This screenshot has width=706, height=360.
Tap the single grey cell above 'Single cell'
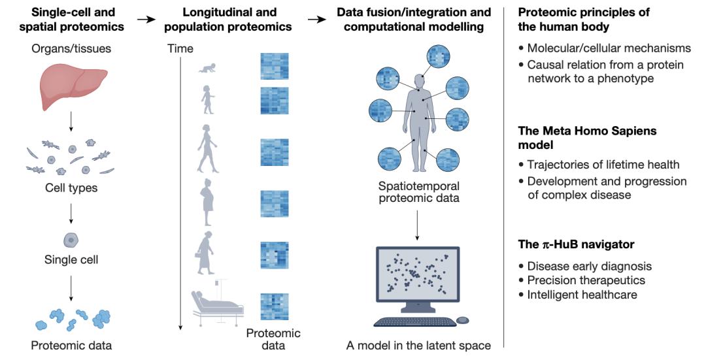click(x=71, y=240)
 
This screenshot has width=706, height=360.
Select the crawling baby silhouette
click(x=208, y=67)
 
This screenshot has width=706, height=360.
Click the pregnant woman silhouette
click(x=208, y=202)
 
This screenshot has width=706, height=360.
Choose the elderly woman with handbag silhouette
click(x=205, y=252)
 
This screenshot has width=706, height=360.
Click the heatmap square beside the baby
click(x=274, y=66)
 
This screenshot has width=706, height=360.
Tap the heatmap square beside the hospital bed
click(x=274, y=306)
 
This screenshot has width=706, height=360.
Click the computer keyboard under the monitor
click(x=414, y=321)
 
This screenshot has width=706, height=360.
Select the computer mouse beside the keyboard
click(x=462, y=320)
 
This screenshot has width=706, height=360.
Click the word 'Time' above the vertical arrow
click(x=180, y=48)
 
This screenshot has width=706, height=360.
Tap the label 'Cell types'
click(x=71, y=188)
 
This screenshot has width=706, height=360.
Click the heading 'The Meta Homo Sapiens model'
click(x=587, y=138)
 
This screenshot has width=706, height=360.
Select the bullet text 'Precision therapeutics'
click(x=586, y=280)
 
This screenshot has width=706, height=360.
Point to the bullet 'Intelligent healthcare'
click(x=582, y=294)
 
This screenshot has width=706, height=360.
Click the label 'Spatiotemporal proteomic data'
click(x=419, y=191)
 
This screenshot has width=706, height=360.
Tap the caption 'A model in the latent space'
click(x=418, y=346)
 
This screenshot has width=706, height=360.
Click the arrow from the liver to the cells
click(x=71, y=122)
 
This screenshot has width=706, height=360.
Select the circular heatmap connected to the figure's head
click(x=438, y=56)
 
